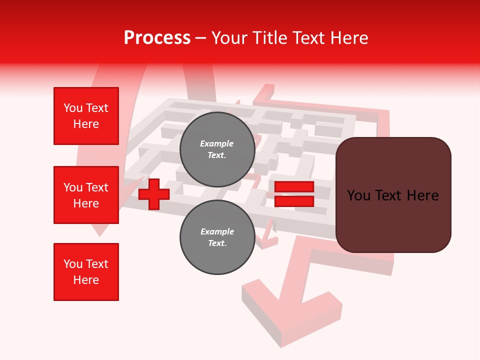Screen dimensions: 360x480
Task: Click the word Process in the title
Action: click(157, 37)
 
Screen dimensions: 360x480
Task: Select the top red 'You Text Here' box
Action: click(86, 116)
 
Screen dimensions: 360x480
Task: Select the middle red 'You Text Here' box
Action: click(86, 195)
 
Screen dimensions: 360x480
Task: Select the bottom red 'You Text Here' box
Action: click(86, 272)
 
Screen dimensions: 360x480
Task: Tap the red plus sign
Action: click(154, 193)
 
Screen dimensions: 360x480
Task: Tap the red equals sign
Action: click(294, 194)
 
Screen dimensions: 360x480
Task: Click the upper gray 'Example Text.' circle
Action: click(217, 149)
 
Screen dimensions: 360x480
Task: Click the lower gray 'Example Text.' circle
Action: click(217, 237)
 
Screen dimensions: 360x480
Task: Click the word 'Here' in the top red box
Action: click(86, 124)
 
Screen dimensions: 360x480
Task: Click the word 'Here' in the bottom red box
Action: click(86, 280)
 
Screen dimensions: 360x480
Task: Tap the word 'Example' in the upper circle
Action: click(217, 143)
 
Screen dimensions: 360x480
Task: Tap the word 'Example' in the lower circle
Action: click(217, 231)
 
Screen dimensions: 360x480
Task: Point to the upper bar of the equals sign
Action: click(294, 187)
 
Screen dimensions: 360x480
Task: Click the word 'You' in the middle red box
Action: click(73, 187)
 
